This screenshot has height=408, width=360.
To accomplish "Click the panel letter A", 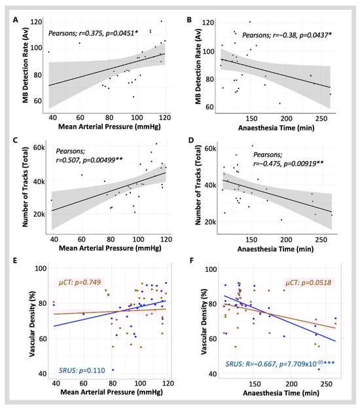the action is tap(16, 20).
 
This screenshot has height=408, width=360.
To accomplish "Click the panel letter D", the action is tap(191, 140).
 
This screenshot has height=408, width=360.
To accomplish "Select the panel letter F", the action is tap(192, 261).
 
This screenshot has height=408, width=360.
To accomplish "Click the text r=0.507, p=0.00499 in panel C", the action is tap(89, 160).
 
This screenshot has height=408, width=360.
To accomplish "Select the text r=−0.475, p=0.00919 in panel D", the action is tap(289, 164).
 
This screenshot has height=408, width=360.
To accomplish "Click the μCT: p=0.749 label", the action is tap(80, 282).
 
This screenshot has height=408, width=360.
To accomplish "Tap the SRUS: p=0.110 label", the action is tap(82, 370).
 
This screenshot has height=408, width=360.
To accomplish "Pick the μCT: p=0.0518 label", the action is tap(308, 282).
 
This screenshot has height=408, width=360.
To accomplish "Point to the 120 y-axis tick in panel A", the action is tap(36, 22).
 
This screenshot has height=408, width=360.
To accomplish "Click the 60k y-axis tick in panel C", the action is tap(39, 148).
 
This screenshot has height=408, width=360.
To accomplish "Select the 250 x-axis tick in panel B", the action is tap(321, 119).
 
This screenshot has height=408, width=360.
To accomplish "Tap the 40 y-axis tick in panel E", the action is tap(43, 374).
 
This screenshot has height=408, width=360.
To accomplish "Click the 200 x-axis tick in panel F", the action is tap(291, 384).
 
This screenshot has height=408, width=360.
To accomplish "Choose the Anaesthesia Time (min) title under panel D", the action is tap(275, 249).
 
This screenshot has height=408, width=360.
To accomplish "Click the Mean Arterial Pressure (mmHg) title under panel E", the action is tap(111, 392).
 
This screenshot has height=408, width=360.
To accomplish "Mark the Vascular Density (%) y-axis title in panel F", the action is tap(204, 322).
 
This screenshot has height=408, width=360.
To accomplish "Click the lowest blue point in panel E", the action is tap(113, 370).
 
